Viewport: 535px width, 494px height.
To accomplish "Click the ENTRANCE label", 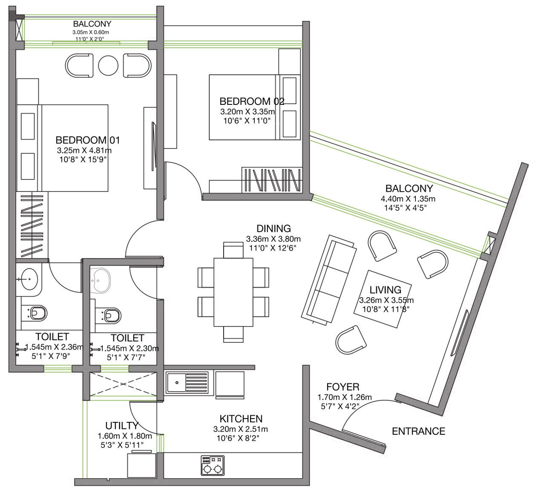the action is pyautogui.click(x=418, y=431).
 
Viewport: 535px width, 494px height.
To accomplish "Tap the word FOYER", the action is pyautogui.click(x=342, y=387).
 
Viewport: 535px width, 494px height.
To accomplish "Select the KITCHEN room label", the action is pyautogui.click(x=241, y=419).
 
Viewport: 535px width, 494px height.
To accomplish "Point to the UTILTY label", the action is pyautogui.click(x=122, y=426).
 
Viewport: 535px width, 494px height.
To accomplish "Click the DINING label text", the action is pyautogui.click(x=273, y=228).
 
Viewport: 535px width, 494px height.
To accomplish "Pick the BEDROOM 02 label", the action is pyautogui.click(x=252, y=101).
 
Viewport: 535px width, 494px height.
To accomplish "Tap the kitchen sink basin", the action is pyautogui.click(x=177, y=382).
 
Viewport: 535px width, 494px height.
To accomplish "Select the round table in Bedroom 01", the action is pyautogui.click(x=108, y=66).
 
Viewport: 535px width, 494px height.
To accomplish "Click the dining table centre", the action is pyautogui.click(x=233, y=292).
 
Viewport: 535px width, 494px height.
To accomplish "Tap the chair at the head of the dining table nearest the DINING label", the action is pyautogui.click(x=233, y=250).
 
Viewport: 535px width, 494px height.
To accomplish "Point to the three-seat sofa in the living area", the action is pyautogui.click(x=329, y=279).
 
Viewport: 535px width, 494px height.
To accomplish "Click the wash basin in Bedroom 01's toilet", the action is pyautogui.click(x=29, y=279).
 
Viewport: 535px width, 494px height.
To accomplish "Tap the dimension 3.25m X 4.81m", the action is pyautogui.click(x=84, y=150).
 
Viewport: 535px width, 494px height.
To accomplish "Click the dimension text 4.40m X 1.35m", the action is pyautogui.click(x=408, y=199).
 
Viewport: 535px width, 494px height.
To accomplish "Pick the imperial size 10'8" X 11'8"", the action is pyautogui.click(x=386, y=309).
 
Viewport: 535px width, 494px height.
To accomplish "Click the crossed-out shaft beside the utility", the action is pyautogui.click(x=123, y=384).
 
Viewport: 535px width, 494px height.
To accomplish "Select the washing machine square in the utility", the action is pyautogui.click(x=141, y=465).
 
